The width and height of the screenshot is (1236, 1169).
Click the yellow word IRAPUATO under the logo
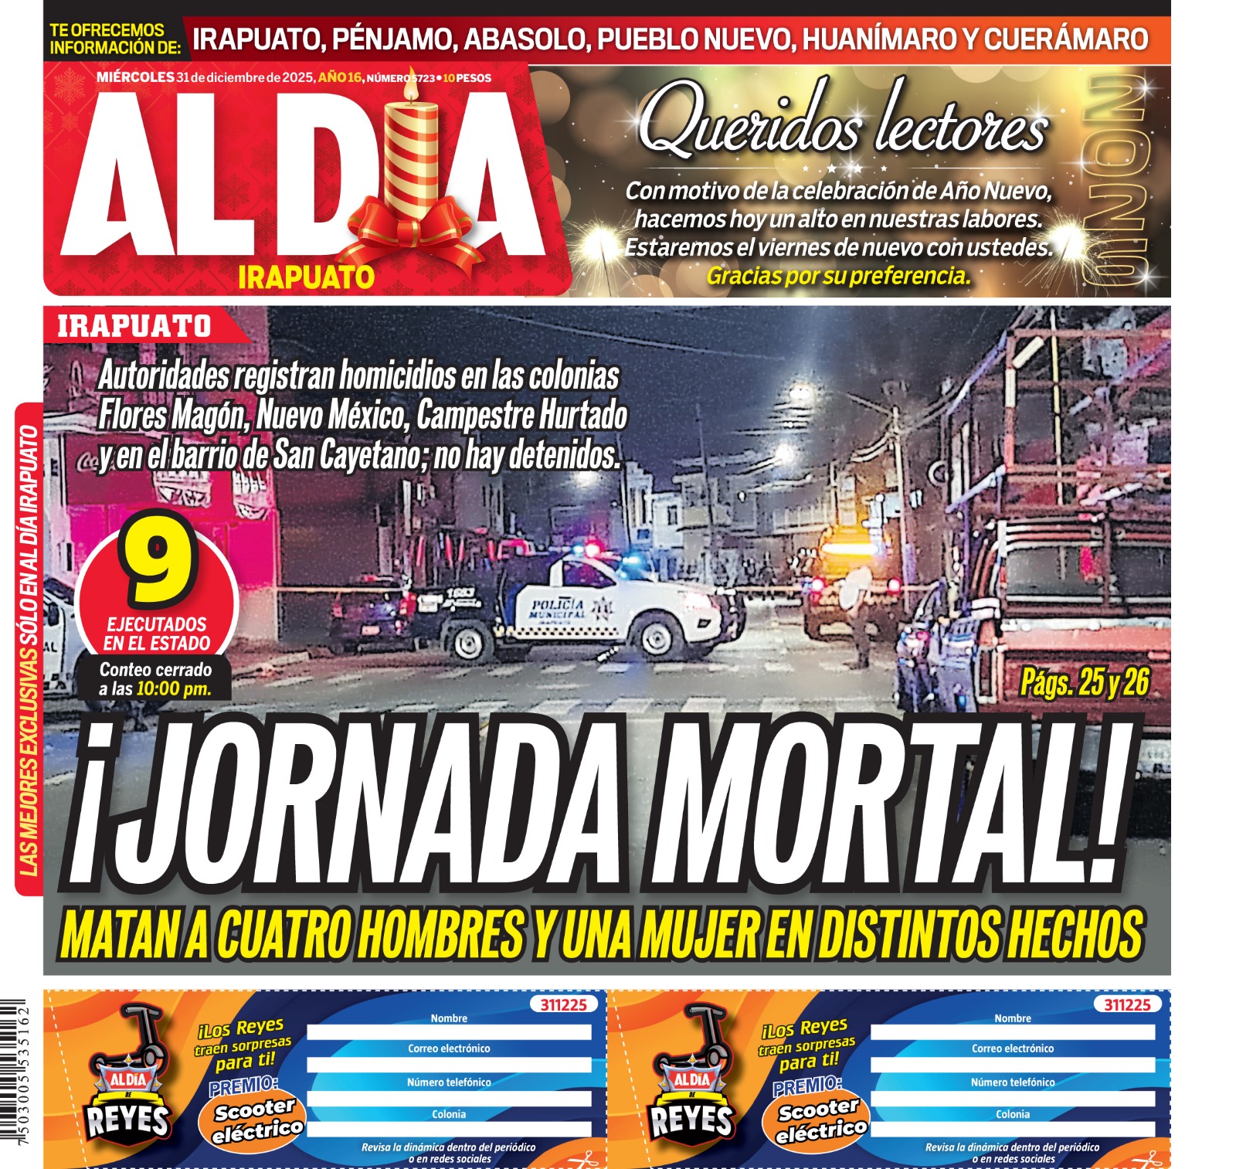tap(306, 277)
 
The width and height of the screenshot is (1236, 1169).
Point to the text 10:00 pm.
tap(173, 689)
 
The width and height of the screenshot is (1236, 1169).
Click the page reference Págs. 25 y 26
tap(1084, 682)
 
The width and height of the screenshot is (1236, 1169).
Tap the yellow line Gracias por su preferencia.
tap(838, 276)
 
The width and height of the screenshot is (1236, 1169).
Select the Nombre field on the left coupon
tap(449, 1032)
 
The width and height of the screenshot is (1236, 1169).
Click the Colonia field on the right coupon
tap(1012, 1129)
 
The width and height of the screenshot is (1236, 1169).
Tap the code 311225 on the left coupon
tap(563, 1004)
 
